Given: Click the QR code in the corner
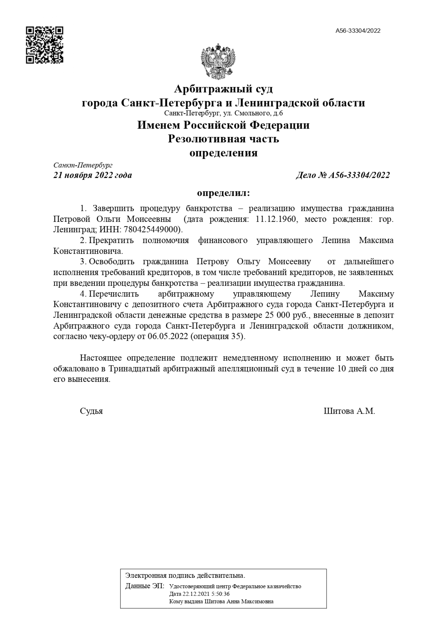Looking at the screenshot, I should pyautogui.click(x=45, y=45).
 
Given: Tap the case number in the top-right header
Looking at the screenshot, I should pyautogui.click(x=358, y=31).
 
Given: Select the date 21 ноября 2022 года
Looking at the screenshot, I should pyautogui.click(x=93, y=175).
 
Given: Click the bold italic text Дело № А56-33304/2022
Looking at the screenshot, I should pyautogui.click(x=343, y=175).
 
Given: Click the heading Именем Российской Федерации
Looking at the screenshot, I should pyautogui.click(x=223, y=125).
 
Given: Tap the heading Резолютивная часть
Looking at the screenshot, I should pyautogui.click(x=223, y=139).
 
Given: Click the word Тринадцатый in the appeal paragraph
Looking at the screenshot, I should pyautogui.click(x=134, y=369).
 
